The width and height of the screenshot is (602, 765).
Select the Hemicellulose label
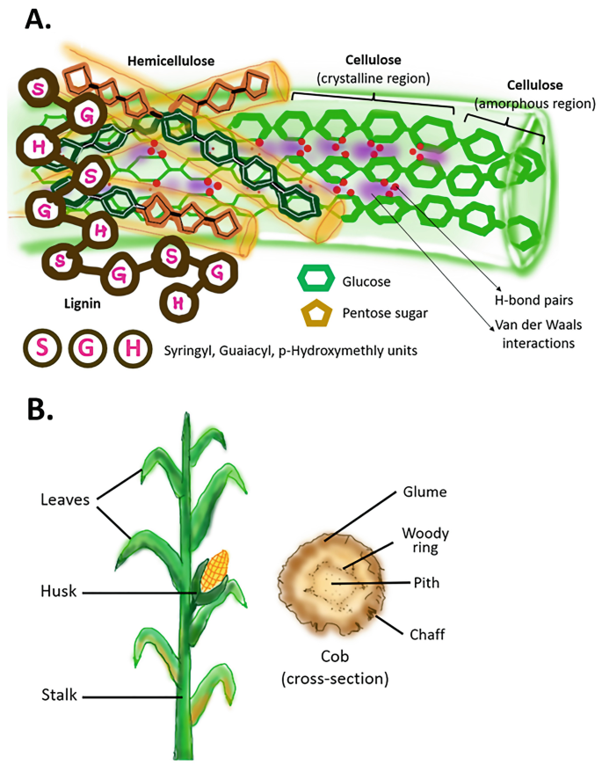[x=170, y=61]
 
